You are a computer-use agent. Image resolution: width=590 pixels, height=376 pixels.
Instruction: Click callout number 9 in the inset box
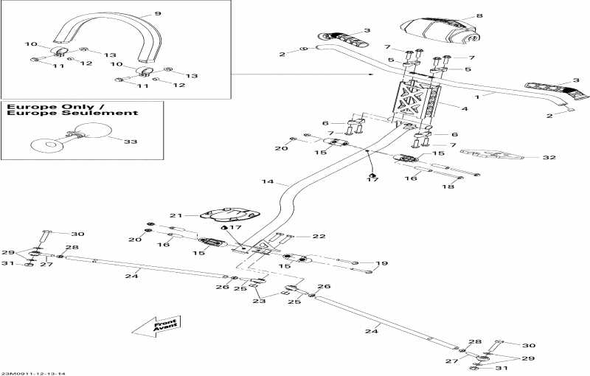coord(156,13)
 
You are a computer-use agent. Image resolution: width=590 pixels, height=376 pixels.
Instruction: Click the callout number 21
coord(175,215)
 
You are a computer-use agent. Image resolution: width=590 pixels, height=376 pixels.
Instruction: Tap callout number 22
coord(319,237)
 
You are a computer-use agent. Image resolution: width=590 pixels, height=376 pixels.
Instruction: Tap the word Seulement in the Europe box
coord(108,114)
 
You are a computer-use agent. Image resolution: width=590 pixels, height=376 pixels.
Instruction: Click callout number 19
coord(381,263)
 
